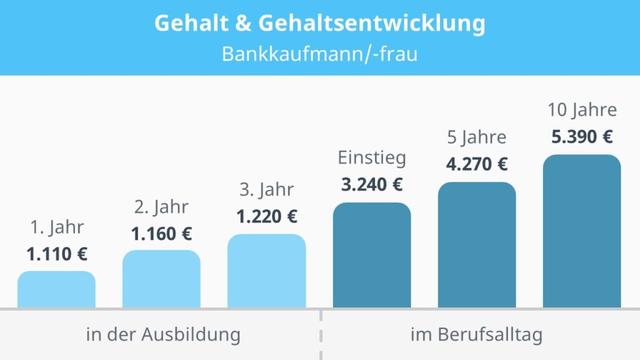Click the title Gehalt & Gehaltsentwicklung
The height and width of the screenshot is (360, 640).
[320, 22]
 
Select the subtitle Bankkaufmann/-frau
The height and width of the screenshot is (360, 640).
[320, 54]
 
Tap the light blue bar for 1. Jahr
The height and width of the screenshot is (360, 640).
[57, 289]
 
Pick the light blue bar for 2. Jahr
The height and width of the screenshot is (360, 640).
[161, 279]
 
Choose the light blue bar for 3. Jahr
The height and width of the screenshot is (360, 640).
[266, 271]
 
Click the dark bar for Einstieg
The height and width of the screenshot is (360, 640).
[371, 255]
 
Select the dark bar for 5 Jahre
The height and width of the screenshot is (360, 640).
[476, 245]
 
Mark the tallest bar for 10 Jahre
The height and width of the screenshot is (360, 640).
[581, 231]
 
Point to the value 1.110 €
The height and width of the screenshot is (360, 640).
[57, 253]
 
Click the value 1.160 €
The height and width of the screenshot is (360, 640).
[161, 234]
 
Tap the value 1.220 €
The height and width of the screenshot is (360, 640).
[266, 216]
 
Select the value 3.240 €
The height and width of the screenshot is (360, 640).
[371, 184]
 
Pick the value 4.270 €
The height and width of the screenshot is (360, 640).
[476, 164]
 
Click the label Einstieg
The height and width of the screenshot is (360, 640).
[371, 158]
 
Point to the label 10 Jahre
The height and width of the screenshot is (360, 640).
[581, 108]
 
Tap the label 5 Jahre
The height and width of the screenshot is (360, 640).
[476, 137]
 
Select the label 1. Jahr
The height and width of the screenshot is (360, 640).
[57, 226]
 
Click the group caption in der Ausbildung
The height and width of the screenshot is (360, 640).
[161, 334]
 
